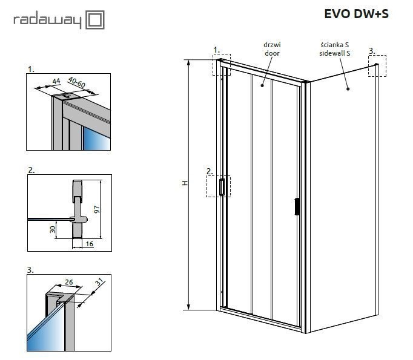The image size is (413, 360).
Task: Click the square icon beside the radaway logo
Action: coord(96,20)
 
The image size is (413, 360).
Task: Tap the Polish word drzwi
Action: coord(272,45)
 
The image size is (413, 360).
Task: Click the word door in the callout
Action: coord(272,53)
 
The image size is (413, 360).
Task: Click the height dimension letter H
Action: coord(185,184)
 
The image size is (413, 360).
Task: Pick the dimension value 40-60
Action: coord(76,82)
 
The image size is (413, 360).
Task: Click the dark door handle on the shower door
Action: coord(296,206)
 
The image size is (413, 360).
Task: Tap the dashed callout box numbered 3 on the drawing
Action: coord(377,65)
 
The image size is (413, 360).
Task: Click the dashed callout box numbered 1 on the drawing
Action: coord(222,64)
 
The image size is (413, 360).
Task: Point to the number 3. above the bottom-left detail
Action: coord(31,269)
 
